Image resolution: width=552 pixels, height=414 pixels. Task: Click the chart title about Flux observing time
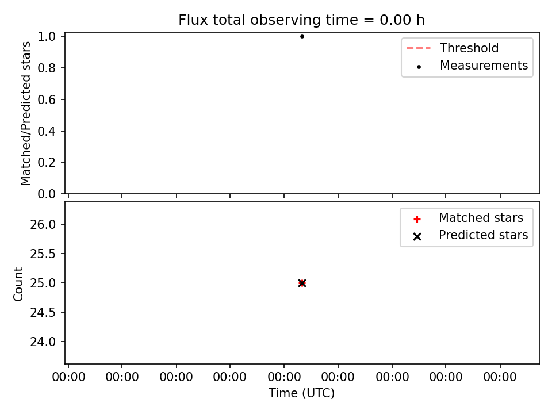(301, 20)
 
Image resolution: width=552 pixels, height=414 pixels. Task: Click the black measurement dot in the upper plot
(302, 36)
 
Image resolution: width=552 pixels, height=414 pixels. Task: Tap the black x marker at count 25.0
(302, 283)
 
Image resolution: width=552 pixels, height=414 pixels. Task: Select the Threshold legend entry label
(469, 48)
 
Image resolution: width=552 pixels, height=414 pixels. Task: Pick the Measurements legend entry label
(484, 66)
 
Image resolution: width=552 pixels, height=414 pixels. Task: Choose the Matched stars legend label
(481, 218)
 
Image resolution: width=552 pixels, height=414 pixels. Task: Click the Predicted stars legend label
(484, 235)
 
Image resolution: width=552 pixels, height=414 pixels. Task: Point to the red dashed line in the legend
(419, 48)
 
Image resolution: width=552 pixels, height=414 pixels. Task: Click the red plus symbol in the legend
(417, 219)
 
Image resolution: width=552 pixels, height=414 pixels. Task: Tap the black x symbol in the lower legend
(417, 236)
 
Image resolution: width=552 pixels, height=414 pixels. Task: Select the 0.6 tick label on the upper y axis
(47, 99)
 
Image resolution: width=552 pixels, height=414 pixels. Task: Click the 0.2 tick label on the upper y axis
(47, 163)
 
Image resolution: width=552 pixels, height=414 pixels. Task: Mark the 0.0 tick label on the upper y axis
(47, 194)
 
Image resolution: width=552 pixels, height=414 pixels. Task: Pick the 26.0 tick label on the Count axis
(43, 225)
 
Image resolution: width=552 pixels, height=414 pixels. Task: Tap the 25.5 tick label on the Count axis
(43, 254)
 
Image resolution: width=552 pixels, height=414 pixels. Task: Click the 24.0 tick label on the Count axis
(43, 342)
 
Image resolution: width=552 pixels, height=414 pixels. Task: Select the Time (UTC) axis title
(302, 393)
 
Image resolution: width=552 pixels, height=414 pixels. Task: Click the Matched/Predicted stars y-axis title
(26, 113)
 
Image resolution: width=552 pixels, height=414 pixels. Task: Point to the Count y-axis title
(18, 283)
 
